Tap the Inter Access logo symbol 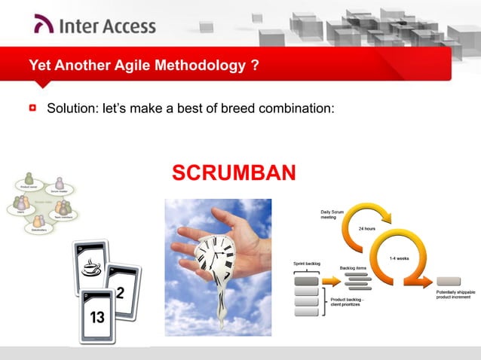click(44, 26)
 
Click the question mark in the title click(256, 66)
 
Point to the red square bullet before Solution click(33, 108)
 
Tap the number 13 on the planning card click(97, 317)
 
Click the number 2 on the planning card click(120, 292)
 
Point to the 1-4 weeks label click(399, 258)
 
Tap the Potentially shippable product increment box click(448, 281)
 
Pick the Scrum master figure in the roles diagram click(60, 183)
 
